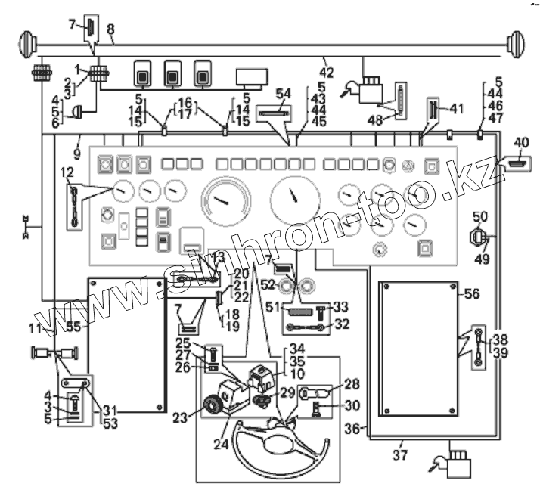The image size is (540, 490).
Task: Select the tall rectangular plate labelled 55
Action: tap(127, 344)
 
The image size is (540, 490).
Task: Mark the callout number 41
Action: tap(454, 108)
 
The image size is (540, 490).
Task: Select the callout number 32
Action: tap(342, 324)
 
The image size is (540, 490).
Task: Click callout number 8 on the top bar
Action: tap(110, 29)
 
